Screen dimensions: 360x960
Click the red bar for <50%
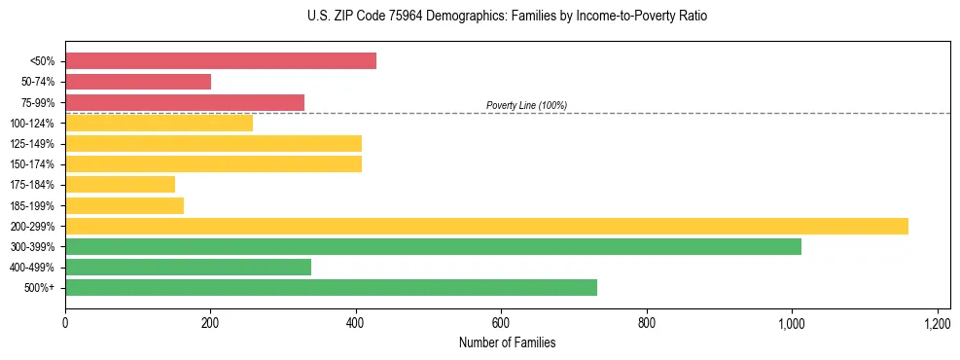pos(221,60)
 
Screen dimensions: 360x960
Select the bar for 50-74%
pos(138,82)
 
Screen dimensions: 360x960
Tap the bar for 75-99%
pos(185,102)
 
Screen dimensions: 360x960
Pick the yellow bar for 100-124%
pos(159,123)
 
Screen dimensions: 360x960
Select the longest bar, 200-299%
pos(486,226)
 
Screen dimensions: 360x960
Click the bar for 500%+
pos(331,287)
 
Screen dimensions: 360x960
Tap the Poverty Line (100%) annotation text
pos(526,105)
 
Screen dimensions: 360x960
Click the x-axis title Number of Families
pos(507,342)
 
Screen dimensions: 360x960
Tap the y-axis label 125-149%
pos(32,144)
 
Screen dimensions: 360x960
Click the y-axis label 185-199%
pos(32,205)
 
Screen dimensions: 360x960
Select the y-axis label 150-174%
pos(32,164)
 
